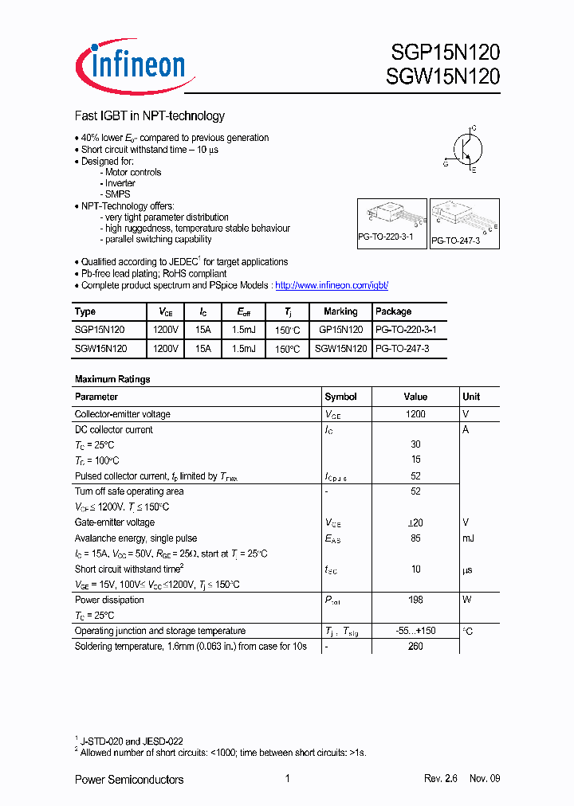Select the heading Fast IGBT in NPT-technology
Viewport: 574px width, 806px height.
point(149,116)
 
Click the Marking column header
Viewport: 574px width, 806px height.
point(340,311)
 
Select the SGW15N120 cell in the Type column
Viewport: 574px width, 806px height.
point(100,348)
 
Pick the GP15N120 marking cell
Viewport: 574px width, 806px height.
point(340,330)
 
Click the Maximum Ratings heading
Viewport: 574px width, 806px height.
point(112,379)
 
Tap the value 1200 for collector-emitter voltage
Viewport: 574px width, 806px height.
point(415,414)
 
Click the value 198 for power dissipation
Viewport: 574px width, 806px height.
point(415,601)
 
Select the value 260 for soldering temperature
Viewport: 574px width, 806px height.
point(415,647)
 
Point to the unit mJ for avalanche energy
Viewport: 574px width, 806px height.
point(468,538)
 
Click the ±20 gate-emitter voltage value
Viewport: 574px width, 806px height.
point(415,523)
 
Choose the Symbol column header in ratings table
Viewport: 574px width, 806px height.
point(340,397)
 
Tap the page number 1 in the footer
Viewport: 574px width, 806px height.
point(287,779)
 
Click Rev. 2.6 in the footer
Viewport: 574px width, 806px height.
point(441,779)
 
